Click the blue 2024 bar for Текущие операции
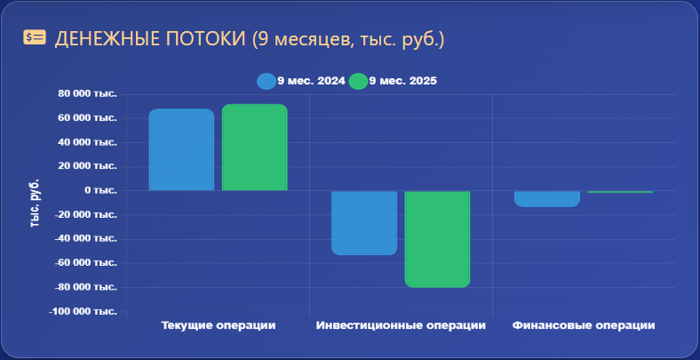181,149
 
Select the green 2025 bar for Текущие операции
254,148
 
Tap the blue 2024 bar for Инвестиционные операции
364,223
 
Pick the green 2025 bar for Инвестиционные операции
437,239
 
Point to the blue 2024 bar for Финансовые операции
547,199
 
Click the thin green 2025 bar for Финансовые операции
620,192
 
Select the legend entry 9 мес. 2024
301,81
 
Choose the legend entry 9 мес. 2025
393,81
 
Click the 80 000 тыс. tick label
87,94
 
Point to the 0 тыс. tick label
99,191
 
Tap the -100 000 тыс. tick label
83,311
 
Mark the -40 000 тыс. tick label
85,239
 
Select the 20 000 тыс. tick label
87,166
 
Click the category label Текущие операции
219,325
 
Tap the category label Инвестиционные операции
401,325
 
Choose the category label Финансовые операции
584,325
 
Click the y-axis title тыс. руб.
35,204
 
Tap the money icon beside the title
35,37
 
